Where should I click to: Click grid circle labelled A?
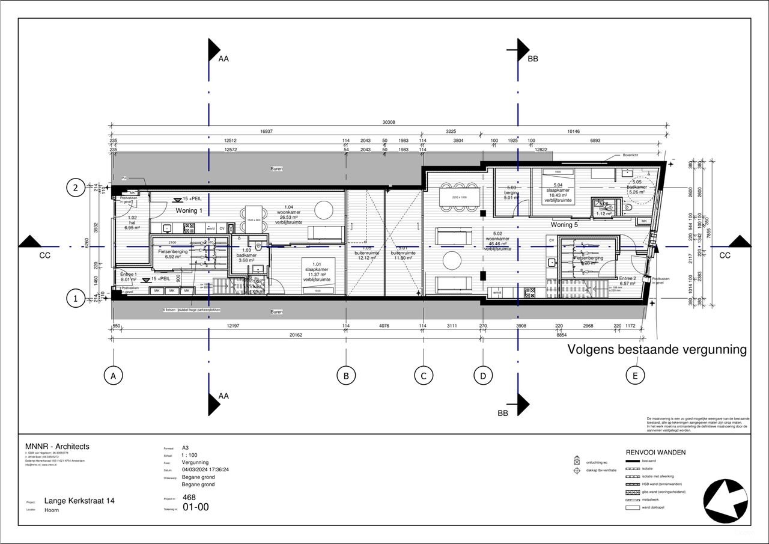[112, 376]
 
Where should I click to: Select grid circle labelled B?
[345, 376]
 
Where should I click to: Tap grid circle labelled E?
[635, 376]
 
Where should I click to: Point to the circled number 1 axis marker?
[75, 299]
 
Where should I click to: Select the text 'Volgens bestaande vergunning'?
[657, 349]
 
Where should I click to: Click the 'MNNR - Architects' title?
[57, 447]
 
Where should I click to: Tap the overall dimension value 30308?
[388, 122]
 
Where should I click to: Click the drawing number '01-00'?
[195, 507]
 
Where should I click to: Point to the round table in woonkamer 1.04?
[324, 210]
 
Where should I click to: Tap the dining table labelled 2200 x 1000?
[460, 197]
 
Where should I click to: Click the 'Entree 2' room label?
[627, 279]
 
